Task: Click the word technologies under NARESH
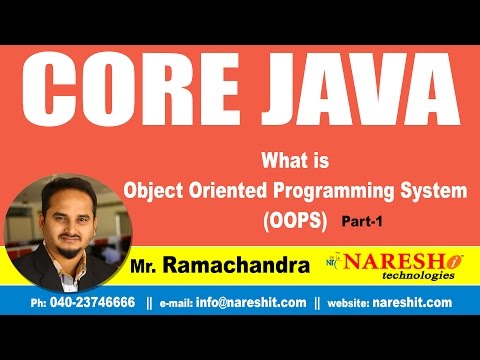coord(401,279)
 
